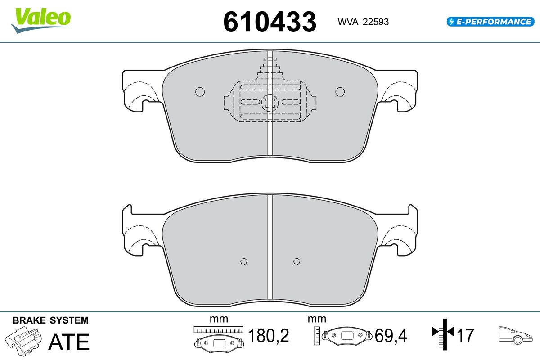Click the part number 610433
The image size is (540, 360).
point(270,22)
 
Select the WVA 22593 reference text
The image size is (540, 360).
point(363,22)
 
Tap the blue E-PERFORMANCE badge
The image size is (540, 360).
point(490,22)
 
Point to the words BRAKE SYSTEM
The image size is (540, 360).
point(50,320)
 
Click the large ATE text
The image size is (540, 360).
point(69,342)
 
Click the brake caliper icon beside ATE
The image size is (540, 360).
point(23,341)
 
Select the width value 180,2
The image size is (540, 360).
point(268,335)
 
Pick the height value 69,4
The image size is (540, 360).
point(391,335)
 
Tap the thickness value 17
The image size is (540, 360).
point(465,335)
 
